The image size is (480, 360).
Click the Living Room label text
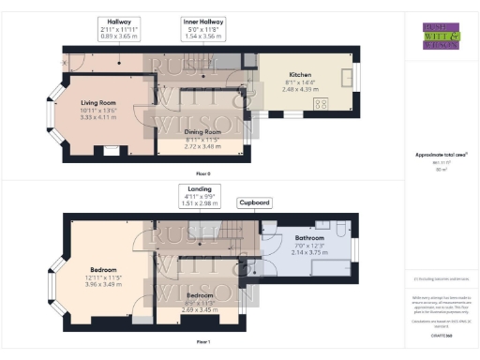[x=97, y=102]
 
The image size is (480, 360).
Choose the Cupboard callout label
[x=254, y=202]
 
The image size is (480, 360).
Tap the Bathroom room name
[x=308, y=238]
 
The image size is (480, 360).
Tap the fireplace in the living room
[x=110, y=150]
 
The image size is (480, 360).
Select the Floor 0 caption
[x=202, y=174]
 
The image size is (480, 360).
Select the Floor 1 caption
[x=202, y=342]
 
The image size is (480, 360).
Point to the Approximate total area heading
[x=441, y=154]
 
